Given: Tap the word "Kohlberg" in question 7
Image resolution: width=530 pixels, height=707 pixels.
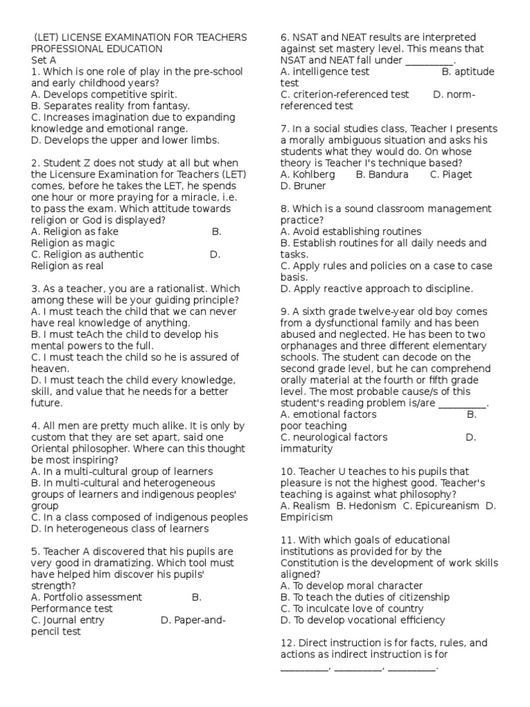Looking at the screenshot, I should pos(314,175).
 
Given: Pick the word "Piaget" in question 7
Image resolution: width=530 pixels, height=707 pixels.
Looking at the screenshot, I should pos(458,175).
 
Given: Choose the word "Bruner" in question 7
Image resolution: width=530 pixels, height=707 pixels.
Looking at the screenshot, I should pos(297,186).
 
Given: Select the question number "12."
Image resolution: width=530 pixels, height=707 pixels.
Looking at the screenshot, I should pos(288,643).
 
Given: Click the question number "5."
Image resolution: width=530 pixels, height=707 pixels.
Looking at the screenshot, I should pos(35,552).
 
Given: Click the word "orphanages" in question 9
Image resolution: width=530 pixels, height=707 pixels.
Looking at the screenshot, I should pos(310,346).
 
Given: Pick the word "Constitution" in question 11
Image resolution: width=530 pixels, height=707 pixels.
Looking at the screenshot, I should pos(311,563).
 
